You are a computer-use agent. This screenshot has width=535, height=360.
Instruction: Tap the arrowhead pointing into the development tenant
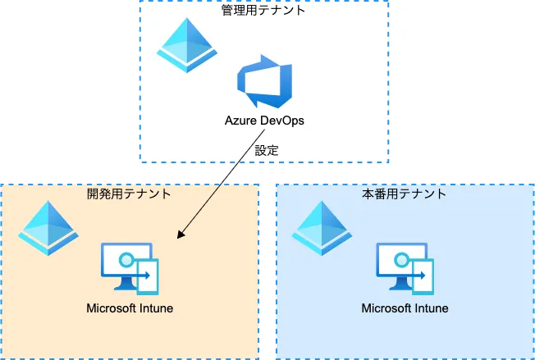[182, 237]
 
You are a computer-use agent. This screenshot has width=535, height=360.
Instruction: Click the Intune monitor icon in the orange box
[130, 267]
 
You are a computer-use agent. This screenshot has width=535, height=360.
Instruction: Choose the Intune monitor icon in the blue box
[405, 267]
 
